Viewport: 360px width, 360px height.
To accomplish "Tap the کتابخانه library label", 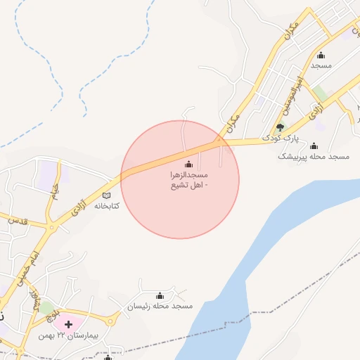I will [x=107, y=206].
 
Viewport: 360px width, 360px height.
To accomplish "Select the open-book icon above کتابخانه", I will [x=106, y=195].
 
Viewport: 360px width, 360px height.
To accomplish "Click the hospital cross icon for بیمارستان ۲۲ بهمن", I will [x=69, y=323].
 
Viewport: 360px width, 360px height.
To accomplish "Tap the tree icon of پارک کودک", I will [x=281, y=127].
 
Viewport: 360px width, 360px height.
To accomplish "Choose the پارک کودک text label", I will [x=281, y=139].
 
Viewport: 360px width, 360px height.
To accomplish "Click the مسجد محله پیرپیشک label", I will [x=314, y=156].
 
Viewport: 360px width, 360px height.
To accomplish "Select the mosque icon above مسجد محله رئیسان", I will [x=160, y=295].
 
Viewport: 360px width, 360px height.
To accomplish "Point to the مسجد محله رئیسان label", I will [x=160, y=307].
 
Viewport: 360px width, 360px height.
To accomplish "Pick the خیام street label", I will [x=55, y=188].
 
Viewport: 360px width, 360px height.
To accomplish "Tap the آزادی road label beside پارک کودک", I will [x=316, y=109].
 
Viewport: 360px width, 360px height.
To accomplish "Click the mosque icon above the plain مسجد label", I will [x=321, y=56].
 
